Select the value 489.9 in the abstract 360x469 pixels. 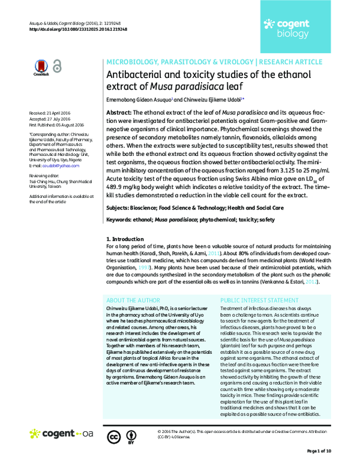117,187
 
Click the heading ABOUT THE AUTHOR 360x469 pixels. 132,299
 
